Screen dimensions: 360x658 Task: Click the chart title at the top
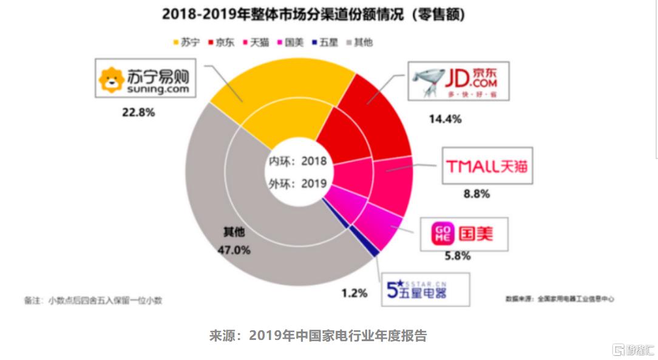pyautogui.click(x=319, y=14)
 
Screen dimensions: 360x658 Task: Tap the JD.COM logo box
pyautogui.click(x=458, y=81)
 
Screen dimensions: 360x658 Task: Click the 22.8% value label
pyautogui.click(x=138, y=112)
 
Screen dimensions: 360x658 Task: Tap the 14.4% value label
pyautogui.click(x=445, y=119)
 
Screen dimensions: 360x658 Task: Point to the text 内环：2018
pyautogui.click(x=298, y=161)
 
